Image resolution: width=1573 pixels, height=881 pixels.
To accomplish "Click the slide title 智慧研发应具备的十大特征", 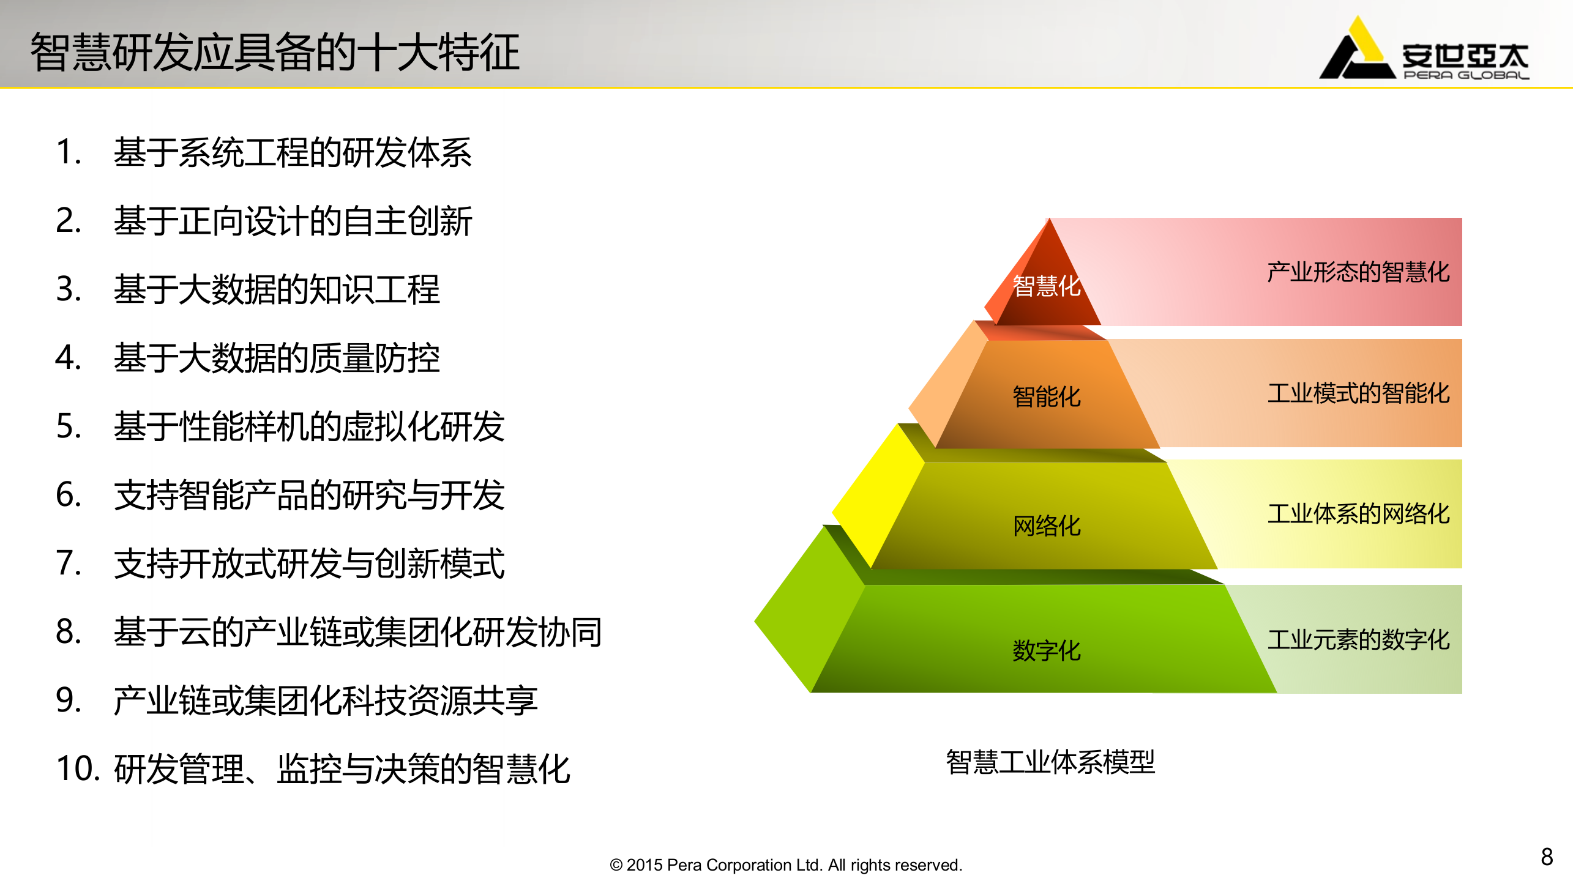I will pyautogui.click(x=275, y=53).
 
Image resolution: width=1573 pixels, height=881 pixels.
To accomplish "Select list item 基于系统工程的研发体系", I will pyautogui.click(x=293, y=152).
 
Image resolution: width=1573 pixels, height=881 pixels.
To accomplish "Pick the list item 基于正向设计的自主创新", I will pyautogui.click(x=293, y=221).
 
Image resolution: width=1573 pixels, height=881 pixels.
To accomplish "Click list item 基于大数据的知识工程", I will pyautogui.click(x=277, y=289).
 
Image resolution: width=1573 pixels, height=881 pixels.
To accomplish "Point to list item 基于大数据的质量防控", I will pyautogui.click(x=277, y=358).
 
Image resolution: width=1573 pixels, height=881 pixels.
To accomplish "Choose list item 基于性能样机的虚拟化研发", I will pyautogui.click(x=309, y=426).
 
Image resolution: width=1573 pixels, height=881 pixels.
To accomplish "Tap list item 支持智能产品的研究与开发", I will pyautogui.click(x=309, y=495).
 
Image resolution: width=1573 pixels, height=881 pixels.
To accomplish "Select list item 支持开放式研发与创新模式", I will pyautogui.click(x=309, y=563).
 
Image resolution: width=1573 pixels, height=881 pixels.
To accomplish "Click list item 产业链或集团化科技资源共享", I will pyautogui.click(x=326, y=701).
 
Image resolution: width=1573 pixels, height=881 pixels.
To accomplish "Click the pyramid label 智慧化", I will pyautogui.click(x=1047, y=286).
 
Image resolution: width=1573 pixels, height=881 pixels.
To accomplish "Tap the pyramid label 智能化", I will pyautogui.click(x=1047, y=397).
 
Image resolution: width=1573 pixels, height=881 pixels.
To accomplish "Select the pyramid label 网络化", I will pyautogui.click(x=1047, y=526).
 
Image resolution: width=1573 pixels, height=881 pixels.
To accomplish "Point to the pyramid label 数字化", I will pyautogui.click(x=1047, y=651).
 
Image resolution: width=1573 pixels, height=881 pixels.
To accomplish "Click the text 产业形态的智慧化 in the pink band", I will pyautogui.click(x=1358, y=272).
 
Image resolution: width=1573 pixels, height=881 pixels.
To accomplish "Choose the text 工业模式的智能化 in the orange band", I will pyautogui.click(x=1358, y=393).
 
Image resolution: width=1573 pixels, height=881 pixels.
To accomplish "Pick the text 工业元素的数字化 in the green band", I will pyautogui.click(x=1358, y=640).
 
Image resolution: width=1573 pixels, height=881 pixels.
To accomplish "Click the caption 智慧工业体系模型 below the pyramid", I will pyautogui.click(x=1050, y=762).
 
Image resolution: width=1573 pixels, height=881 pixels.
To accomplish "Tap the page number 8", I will pyautogui.click(x=1547, y=857).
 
